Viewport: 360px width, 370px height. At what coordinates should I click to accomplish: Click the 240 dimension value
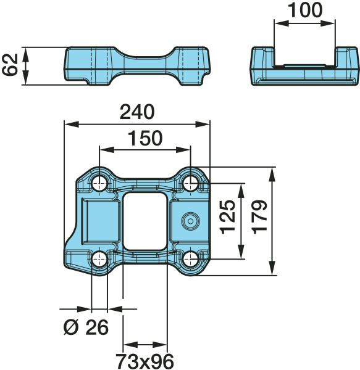click(137, 112)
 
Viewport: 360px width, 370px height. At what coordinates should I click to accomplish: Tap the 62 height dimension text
click(10, 65)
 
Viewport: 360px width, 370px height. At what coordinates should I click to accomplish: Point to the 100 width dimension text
click(305, 10)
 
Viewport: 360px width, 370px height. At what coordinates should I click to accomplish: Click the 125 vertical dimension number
click(228, 217)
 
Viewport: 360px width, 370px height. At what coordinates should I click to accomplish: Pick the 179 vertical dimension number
click(259, 217)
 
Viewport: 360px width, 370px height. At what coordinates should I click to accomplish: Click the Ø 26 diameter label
click(86, 327)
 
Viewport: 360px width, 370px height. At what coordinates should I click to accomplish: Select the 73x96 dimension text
click(145, 361)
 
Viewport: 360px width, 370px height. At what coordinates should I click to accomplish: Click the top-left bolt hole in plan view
click(99, 184)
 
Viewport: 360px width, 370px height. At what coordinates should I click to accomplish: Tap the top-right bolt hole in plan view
click(191, 183)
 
